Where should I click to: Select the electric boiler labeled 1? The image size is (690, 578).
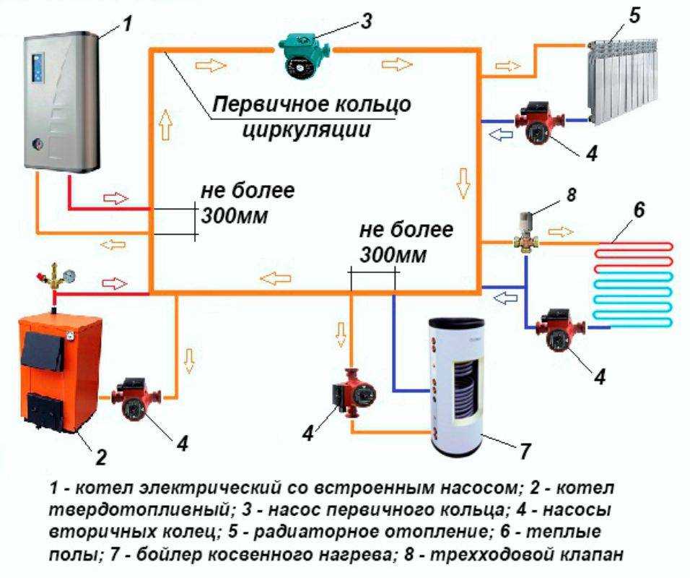61,101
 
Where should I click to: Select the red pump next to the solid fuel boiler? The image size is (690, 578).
134,397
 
